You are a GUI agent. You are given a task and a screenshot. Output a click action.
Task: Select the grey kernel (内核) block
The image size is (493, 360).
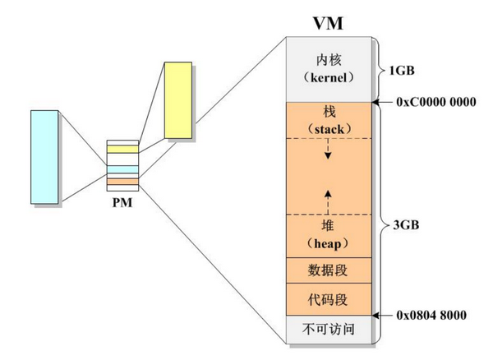pos(328,69)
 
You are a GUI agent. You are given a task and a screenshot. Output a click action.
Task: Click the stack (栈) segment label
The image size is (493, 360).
pos(328,120)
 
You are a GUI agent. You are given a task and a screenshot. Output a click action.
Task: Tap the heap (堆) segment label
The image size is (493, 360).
pos(328,235)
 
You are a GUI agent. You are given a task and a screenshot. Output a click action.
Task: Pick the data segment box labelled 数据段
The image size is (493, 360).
pos(328,269)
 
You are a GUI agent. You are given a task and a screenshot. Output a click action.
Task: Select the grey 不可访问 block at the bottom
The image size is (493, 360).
pos(328,328)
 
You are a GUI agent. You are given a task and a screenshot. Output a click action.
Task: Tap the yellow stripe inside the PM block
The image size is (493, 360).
pos(120,150)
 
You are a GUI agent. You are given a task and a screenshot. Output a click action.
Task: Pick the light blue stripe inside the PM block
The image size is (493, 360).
pos(120,169)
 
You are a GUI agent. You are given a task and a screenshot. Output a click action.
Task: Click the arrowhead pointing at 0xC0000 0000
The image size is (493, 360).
pos(378,102)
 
